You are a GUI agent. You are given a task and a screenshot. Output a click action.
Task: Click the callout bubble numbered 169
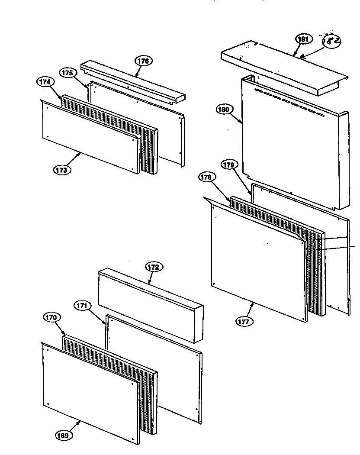(64, 436)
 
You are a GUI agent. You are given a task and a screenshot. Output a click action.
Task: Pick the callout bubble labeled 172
(153, 267)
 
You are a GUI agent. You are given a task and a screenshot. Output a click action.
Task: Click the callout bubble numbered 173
(62, 170)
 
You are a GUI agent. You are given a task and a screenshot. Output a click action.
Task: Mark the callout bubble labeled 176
(143, 61)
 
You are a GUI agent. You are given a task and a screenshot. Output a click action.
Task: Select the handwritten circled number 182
(332, 41)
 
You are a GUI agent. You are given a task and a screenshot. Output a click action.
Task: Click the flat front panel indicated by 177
(255, 260)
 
